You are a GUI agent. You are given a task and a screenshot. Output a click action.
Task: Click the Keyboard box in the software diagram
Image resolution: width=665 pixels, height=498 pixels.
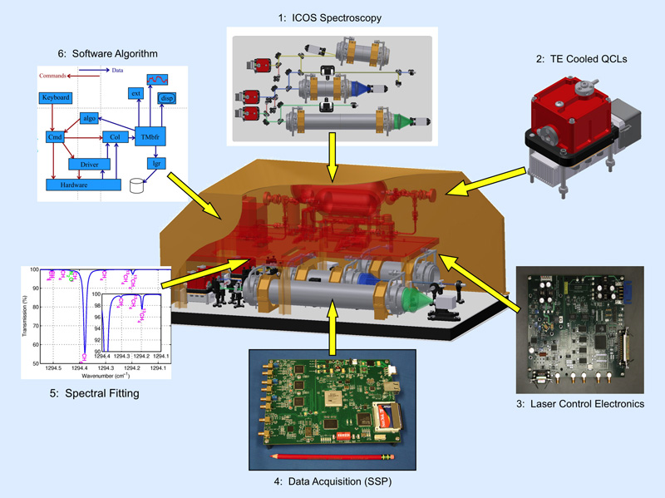click(56, 98)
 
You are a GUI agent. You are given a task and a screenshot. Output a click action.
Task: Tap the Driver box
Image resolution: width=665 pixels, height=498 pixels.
click(89, 165)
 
